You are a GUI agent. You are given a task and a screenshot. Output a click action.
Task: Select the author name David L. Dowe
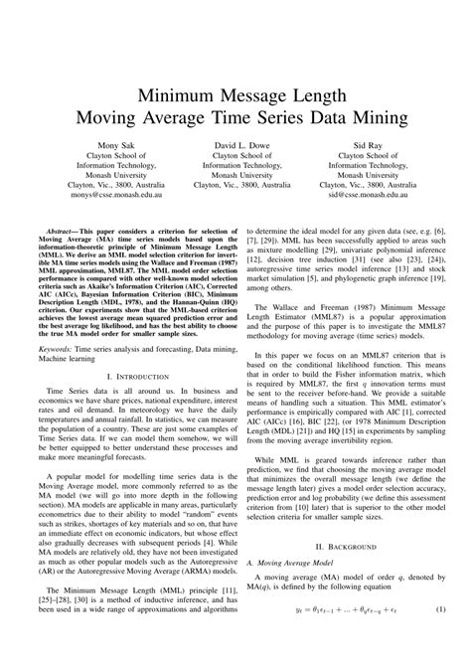(x=235, y=146)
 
